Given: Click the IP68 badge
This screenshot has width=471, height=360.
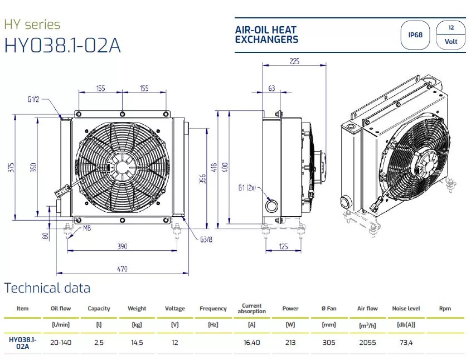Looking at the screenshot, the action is click(x=415, y=35).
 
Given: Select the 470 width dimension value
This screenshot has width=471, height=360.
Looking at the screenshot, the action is click(x=122, y=269).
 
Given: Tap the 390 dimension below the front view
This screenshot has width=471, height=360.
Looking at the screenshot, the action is click(x=122, y=246).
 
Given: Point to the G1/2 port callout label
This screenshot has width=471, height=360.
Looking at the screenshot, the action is click(x=33, y=99).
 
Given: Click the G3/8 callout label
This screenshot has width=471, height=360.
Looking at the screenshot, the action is click(x=206, y=239).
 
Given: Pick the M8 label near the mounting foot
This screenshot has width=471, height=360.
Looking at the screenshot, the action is click(x=87, y=228).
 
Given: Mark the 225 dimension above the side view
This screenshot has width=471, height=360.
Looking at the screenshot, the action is click(x=294, y=61).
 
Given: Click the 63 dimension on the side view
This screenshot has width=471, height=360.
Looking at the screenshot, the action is click(x=271, y=88).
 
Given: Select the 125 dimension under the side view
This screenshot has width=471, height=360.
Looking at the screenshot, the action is click(x=283, y=246).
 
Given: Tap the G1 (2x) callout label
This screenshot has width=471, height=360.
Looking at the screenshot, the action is click(x=247, y=188).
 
